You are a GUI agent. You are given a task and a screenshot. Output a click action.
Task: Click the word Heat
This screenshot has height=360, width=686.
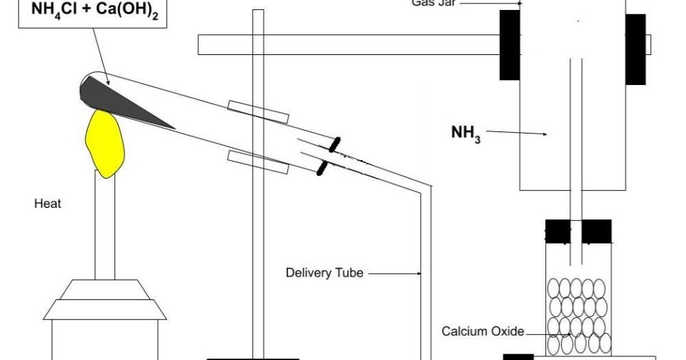(48, 204)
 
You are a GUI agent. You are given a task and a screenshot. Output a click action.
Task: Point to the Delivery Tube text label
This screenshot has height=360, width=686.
(324, 272)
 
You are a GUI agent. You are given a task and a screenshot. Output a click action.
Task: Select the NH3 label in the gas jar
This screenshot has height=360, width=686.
(465, 134)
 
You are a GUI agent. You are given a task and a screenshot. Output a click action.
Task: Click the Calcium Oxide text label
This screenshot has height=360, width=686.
(483, 331)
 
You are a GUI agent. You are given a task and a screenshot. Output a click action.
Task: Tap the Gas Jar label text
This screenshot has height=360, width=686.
(433, 2)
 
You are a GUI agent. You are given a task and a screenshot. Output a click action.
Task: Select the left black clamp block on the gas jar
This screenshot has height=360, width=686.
(509, 44)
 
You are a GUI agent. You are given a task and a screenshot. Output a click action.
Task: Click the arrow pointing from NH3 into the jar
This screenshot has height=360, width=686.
(516, 133)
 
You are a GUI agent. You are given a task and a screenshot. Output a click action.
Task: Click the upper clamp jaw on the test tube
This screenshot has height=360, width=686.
(259, 111)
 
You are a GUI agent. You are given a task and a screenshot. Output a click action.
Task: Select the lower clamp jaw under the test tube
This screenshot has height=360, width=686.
(258, 162)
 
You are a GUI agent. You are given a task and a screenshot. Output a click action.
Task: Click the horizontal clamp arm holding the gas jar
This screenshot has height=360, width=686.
(343, 44)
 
